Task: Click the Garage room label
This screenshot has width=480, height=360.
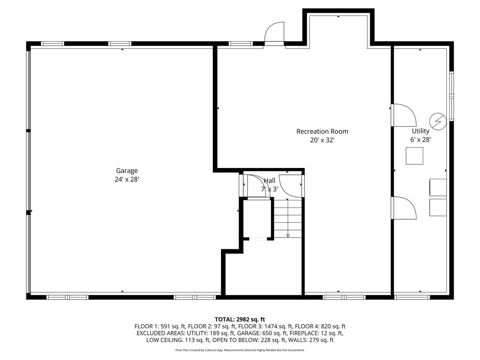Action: [127, 171]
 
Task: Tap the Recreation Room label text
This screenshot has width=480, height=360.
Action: [322, 131]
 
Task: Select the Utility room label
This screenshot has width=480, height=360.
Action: [420, 131]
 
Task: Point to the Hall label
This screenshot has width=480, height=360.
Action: [269, 181]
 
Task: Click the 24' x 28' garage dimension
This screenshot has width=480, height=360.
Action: [127, 180]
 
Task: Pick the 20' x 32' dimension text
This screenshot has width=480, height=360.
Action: [322, 140]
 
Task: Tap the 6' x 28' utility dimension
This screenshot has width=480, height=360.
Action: [420, 140]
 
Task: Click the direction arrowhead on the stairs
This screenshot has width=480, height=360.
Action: [288, 236]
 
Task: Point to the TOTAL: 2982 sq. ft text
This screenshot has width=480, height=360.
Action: [240, 319]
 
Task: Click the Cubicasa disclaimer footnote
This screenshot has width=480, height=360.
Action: [240, 350]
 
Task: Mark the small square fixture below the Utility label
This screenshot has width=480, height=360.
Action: [414, 156]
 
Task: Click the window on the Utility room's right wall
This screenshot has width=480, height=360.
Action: [451, 96]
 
